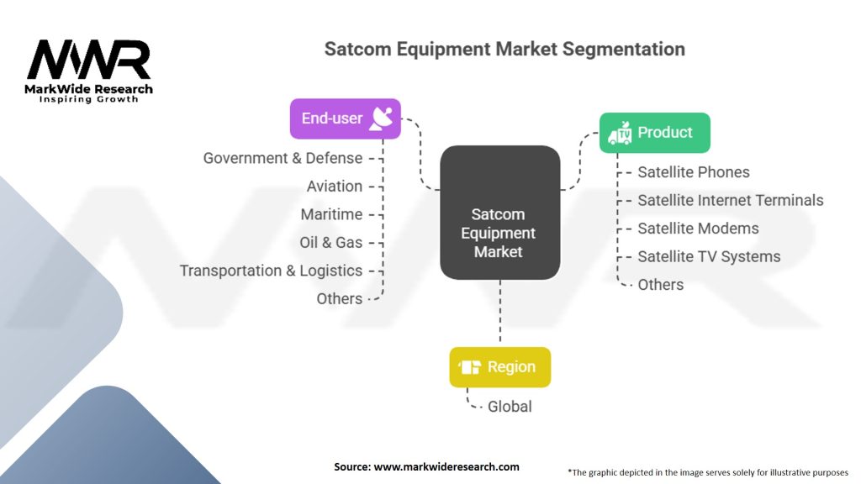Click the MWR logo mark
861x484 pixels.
88,60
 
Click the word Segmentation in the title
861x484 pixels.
624,50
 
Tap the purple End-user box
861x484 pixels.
346,118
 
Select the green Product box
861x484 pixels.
654,133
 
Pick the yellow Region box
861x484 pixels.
499,367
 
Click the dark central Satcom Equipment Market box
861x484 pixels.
499,213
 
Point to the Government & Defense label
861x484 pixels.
283,158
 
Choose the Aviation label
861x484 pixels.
335,187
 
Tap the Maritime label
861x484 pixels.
331,214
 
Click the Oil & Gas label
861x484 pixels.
330,243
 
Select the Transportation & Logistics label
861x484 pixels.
272,271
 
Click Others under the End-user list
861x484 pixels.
340,298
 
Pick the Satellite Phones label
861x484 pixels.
694,172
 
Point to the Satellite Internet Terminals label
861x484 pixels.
731,200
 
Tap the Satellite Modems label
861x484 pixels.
698,229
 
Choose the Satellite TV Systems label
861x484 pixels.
709,257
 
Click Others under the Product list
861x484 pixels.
661,285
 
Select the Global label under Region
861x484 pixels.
510,407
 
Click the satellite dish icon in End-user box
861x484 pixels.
381,118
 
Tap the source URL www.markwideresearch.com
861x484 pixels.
446,467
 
